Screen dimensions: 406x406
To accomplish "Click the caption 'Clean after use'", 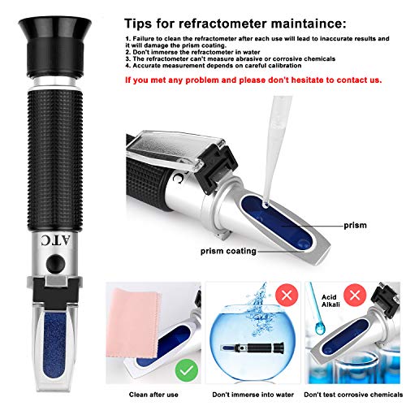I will (x=155, y=393).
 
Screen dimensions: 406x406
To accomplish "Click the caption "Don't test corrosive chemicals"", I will (x=355, y=393).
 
